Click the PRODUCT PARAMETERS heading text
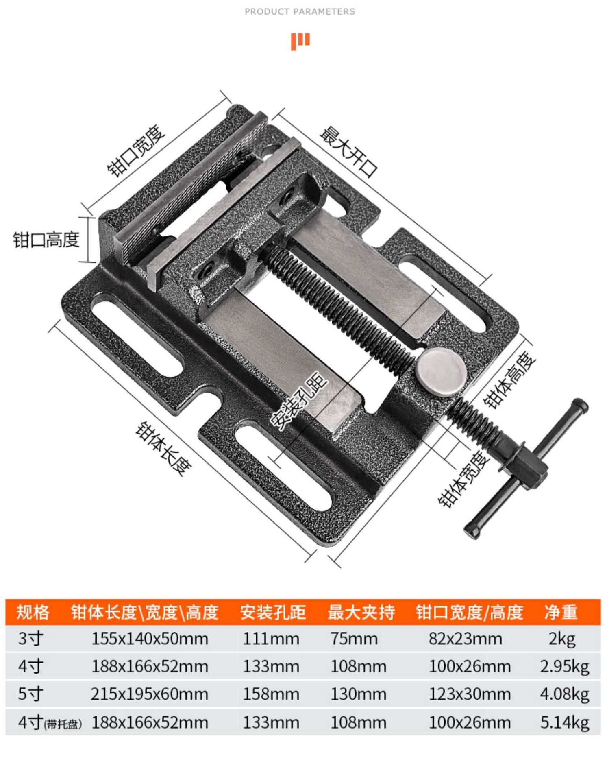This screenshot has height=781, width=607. tap(300, 12)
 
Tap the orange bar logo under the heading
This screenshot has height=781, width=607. tap(300, 41)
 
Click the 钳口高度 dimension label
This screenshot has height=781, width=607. tap(46, 240)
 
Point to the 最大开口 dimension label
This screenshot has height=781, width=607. tap(348, 152)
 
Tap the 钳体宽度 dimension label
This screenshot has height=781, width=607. tap(464, 480)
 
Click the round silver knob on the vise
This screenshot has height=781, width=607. tap(441, 372)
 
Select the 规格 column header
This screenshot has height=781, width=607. tap(33, 612)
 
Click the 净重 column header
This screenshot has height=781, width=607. tap(561, 612)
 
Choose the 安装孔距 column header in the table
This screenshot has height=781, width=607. tap(273, 612)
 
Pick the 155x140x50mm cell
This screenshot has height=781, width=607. tap(150, 639)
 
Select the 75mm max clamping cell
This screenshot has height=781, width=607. tap(354, 639)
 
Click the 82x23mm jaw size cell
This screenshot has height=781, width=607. tap(466, 639)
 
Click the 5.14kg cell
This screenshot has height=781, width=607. tap(564, 722)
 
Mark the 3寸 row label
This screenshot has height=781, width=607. tap(30, 639)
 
